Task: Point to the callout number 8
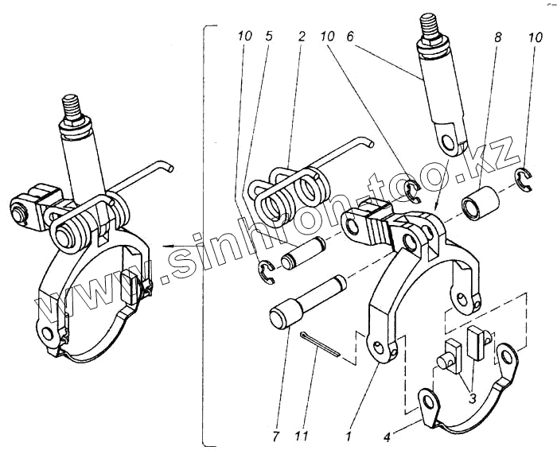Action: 498,37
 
